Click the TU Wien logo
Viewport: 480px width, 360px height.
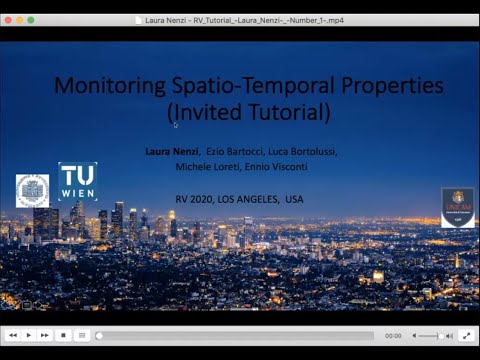pyautogui.click(x=78, y=181)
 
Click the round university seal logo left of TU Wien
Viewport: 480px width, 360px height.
pyautogui.click(x=32, y=191)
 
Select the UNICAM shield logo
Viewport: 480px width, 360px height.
pyautogui.click(x=457, y=206)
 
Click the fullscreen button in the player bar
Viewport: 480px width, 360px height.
pyautogui.click(x=465, y=336)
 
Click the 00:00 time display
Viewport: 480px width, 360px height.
pyautogui.click(x=393, y=336)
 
